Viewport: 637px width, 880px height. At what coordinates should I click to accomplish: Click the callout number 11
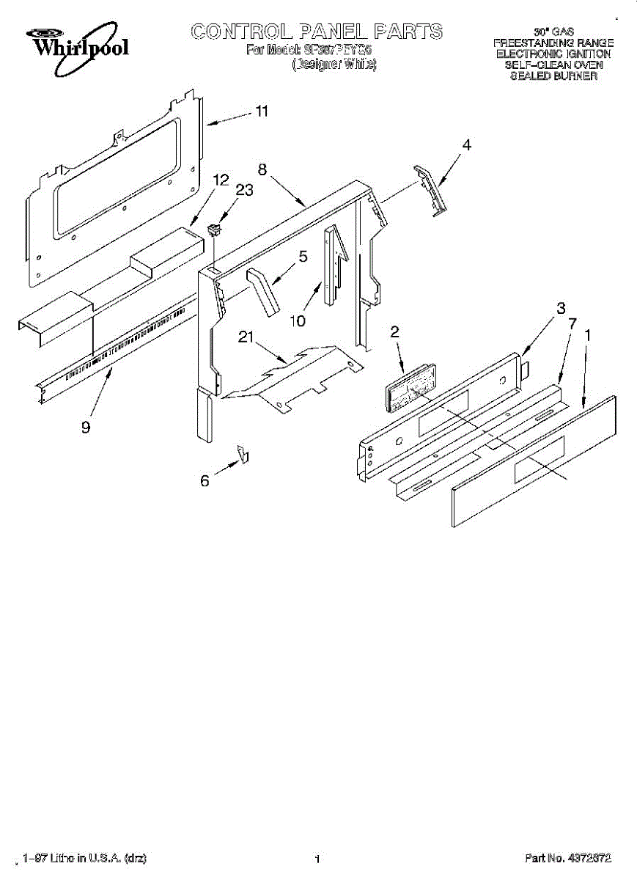click(261, 112)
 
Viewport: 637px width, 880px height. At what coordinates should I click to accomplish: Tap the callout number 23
click(244, 190)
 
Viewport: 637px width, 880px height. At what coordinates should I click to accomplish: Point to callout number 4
click(466, 145)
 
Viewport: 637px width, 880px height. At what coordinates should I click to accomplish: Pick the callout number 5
click(302, 257)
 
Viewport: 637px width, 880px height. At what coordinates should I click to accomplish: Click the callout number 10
click(299, 320)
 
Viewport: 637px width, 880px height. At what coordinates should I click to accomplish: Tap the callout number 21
click(246, 337)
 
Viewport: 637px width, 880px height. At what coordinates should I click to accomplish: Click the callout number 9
click(86, 427)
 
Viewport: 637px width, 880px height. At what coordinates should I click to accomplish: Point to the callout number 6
click(205, 481)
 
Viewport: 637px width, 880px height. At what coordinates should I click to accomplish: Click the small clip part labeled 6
click(243, 454)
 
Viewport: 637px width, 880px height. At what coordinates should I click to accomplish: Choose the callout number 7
click(572, 322)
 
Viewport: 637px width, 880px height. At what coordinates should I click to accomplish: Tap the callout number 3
click(561, 307)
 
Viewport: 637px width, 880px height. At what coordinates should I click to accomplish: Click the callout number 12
click(221, 179)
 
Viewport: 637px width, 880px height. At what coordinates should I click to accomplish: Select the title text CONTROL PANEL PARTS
click(317, 32)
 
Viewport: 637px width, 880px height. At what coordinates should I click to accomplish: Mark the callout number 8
click(262, 168)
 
